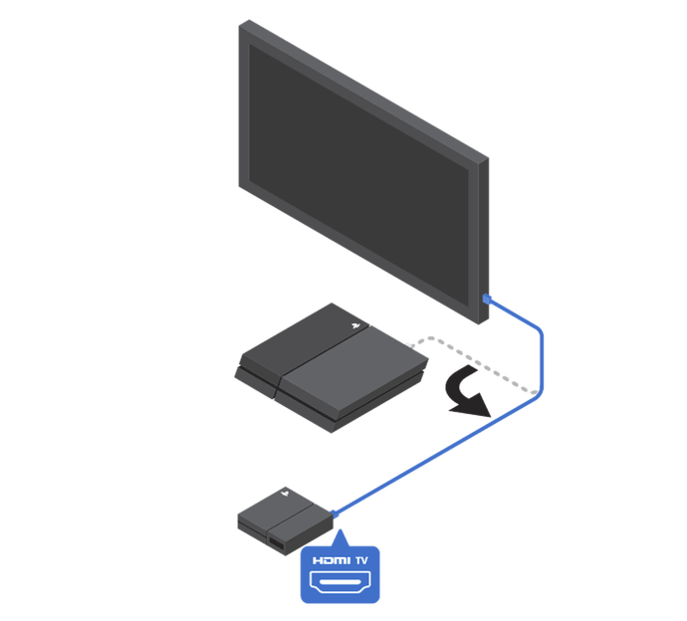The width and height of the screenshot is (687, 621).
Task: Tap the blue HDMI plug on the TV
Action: pyautogui.click(x=487, y=298)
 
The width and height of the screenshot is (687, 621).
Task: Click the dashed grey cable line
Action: pyautogui.click(x=478, y=362)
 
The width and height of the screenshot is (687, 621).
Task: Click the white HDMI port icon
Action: pyautogui.click(x=340, y=583)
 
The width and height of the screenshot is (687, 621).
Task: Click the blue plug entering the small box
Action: pyautogui.click(x=335, y=514)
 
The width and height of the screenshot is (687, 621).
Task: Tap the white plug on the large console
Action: pyautogui.click(x=411, y=347)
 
